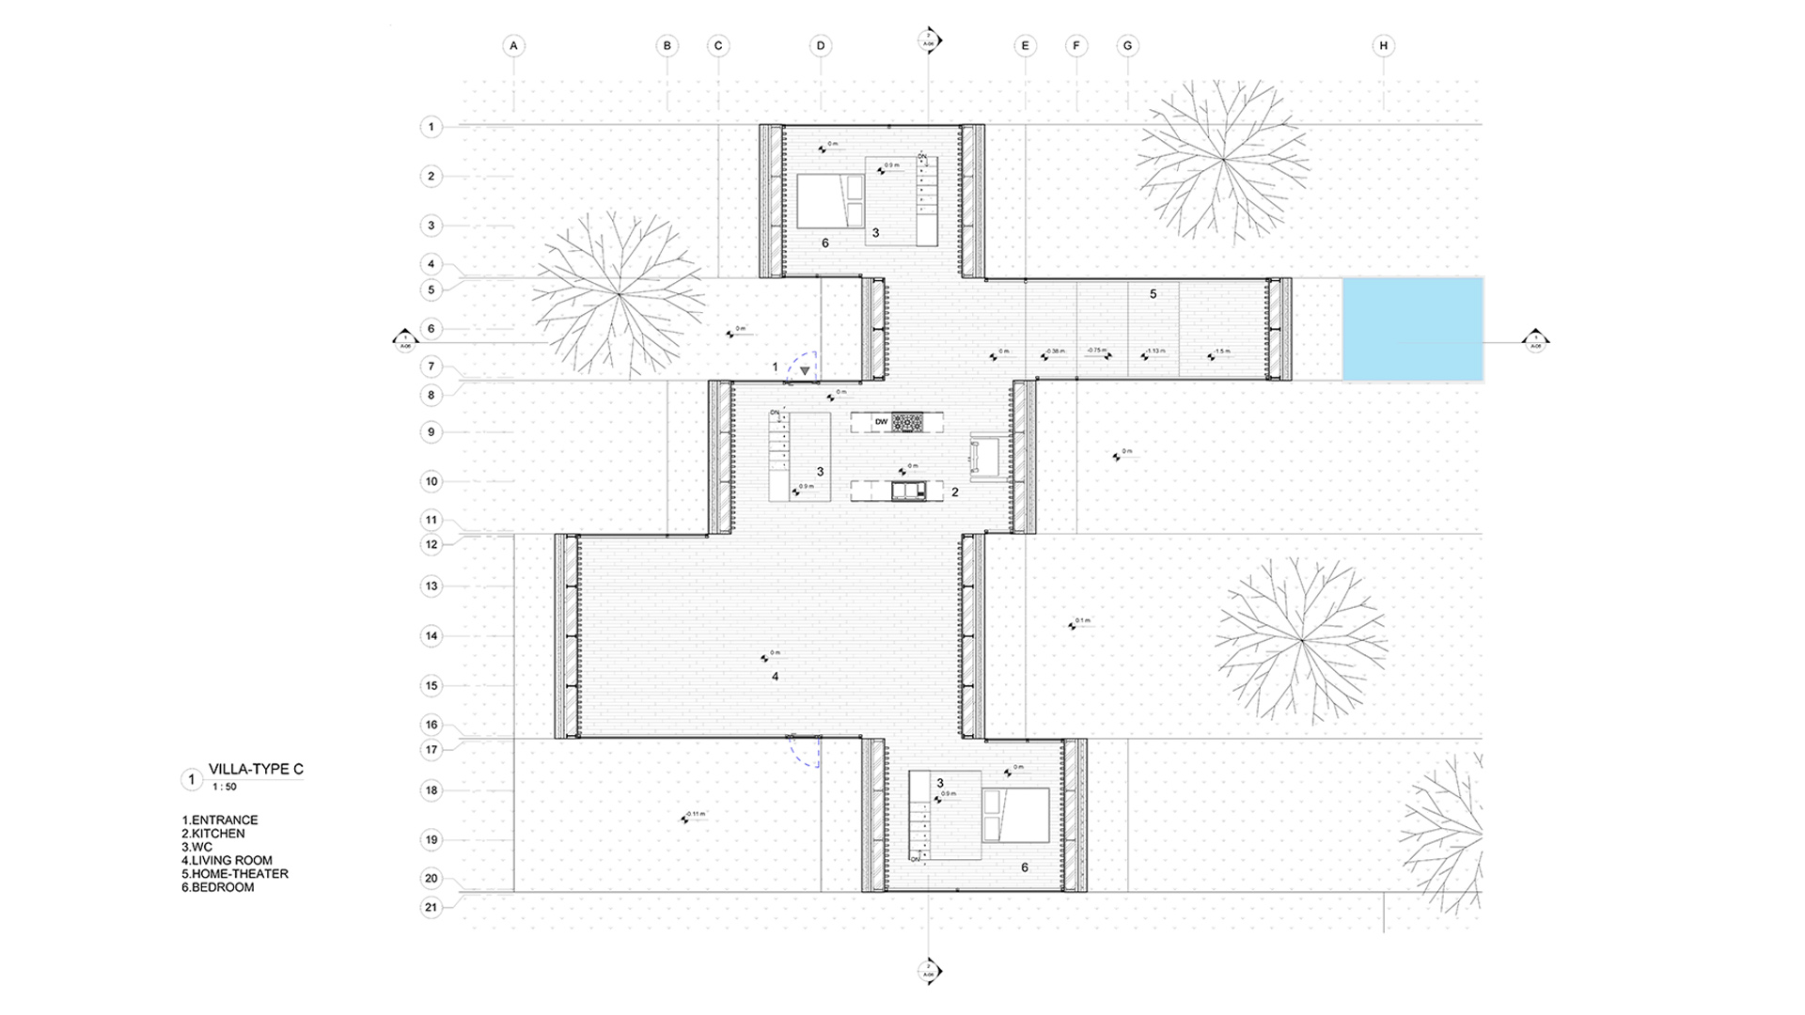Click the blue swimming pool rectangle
point(1412,329)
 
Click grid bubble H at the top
point(1383,45)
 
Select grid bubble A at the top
point(513,45)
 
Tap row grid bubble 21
point(432,907)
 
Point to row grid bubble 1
point(432,126)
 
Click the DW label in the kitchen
point(881,422)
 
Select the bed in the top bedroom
point(831,200)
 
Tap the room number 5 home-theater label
point(1154,294)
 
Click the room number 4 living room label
point(775,677)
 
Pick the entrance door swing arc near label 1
point(804,366)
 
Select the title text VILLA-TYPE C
point(256,769)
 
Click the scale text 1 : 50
point(224,787)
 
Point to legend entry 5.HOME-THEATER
point(235,873)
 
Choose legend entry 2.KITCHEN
point(213,834)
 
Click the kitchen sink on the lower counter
point(907,490)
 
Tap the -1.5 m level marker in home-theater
point(1219,352)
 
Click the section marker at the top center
point(929,41)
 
